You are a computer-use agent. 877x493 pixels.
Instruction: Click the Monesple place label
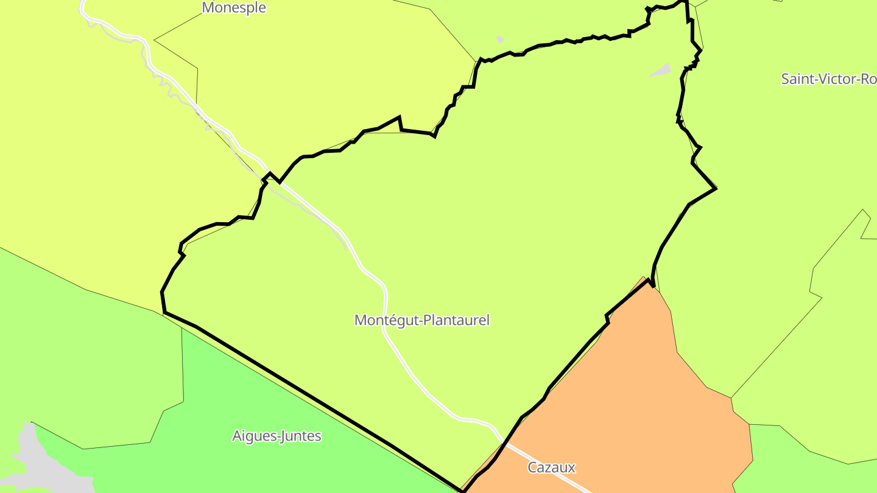click(x=234, y=8)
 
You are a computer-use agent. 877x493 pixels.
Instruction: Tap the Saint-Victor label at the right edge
click(x=828, y=79)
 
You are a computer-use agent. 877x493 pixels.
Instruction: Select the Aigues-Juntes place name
click(x=276, y=436)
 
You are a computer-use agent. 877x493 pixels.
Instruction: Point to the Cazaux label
click(x=551, y=467)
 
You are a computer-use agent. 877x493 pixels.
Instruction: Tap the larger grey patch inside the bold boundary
click(x=661, y=71)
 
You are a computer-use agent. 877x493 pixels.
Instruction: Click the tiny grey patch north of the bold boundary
click(x=500, y=40)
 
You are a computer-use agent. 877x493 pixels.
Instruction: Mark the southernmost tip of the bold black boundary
click(x=462, y=491)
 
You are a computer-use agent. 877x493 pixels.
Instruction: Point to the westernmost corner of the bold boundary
click(x=162, y=293)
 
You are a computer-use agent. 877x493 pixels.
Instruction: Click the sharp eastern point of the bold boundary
click(x=716, y=188)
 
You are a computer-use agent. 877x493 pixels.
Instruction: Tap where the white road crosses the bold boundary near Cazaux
click(x=504, y=444)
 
